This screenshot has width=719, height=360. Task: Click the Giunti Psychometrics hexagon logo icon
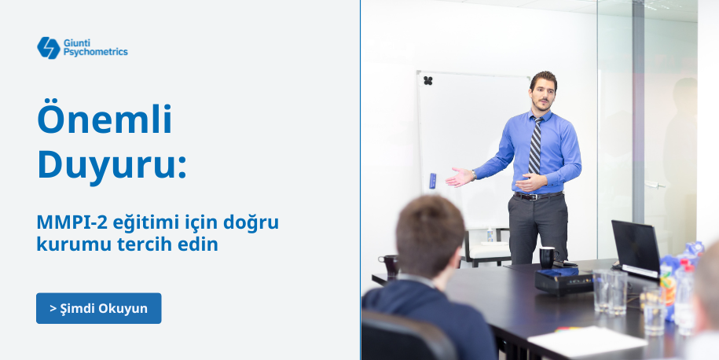[49, 48]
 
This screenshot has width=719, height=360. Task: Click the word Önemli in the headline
[105, 119]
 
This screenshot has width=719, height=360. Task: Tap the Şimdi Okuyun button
[98, 308]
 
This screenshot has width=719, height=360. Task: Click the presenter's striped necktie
[534, 145]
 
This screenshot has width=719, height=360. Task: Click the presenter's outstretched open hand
[459, 177]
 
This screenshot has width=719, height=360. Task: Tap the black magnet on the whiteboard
[427, 81]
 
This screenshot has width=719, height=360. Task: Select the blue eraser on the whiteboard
[432, 181]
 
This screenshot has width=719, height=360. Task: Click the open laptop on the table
[636, 249]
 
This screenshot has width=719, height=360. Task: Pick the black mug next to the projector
[548, 257]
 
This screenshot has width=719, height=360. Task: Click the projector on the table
[564, 281]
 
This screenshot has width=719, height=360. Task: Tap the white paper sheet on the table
[588, 340]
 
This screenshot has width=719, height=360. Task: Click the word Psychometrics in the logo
[95, 53]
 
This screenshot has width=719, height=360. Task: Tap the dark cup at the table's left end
[390, 266]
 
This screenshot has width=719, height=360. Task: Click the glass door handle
[655, 186]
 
